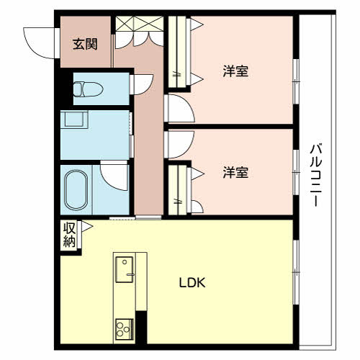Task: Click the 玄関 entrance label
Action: click(x=85, y=44)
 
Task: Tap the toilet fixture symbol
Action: click(x=88, y=89)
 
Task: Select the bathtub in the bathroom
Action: click(x=76, y=190)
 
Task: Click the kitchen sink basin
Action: click(x=125, y=269)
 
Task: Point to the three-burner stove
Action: click(x=125, y=329)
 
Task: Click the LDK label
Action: click(x=192, y=283)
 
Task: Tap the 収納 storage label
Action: click(x=69, y=235)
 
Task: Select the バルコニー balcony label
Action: click(x=315, y=175)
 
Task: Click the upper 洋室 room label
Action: click(x=235, y=71)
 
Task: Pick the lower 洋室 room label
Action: click(x=235, y=172)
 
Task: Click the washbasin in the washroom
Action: click(x=74, y=119)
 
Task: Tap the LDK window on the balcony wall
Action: click(x=297, y=272)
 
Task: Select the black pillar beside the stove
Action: click(x=141, y=328)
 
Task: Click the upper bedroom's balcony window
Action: click(x=297, y=81)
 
